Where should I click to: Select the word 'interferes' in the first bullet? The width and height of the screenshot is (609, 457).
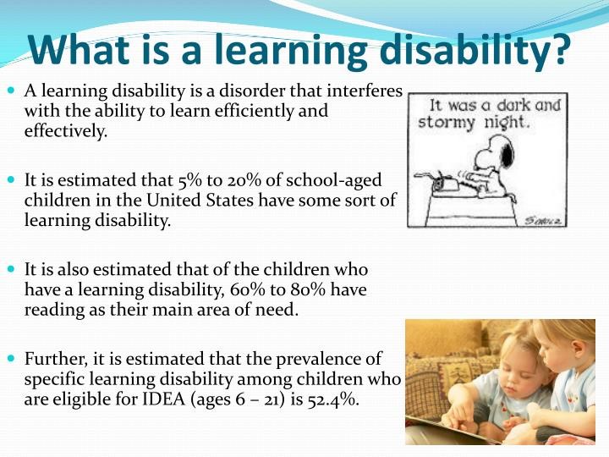click(x=365, y=91)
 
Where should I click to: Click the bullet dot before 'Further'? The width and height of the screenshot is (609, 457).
click(x=11, y=357)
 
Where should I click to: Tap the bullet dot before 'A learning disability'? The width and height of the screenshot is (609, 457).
click(x=11, y=91)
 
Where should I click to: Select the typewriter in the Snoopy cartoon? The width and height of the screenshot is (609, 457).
click(x=446, y=182)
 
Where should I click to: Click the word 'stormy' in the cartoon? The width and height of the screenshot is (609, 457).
click(x=447, y=123)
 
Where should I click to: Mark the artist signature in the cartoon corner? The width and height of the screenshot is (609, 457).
click(x=544, y=221)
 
